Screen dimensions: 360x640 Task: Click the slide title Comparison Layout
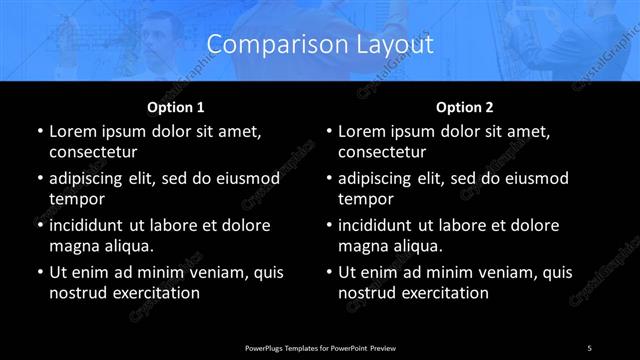(320, 44)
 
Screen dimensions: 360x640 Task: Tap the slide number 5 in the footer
(590, 347)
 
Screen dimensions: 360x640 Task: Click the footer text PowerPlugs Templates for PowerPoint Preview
(320, 347)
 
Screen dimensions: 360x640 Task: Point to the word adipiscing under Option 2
(383, 179)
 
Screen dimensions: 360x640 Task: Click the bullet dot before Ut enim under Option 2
(329, 272)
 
